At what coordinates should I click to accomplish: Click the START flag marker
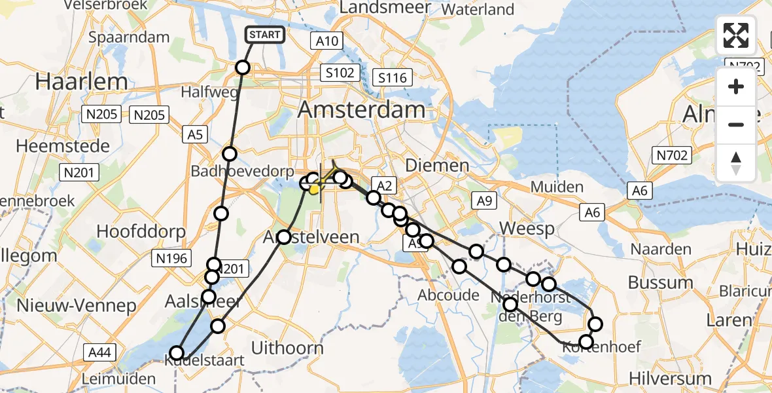click(x=265, y=35)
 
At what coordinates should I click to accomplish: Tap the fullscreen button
click(x=736, y=35)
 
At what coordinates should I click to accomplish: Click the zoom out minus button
click(x=736, y=124)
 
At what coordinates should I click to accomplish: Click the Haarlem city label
click(x=82, y=81)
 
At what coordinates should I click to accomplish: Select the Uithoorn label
click(x=287, y=347)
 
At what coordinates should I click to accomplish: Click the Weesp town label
click(x=527, y=229)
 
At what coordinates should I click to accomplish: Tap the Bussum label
click(x=660, y=282)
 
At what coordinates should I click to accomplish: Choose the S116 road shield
click(x=392, y=78)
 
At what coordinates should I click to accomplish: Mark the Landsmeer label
click(x=385, y=8)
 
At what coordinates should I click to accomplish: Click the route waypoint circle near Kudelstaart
click(x=177, y=353)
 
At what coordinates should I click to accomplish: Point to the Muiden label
click(x=557, y=187)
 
